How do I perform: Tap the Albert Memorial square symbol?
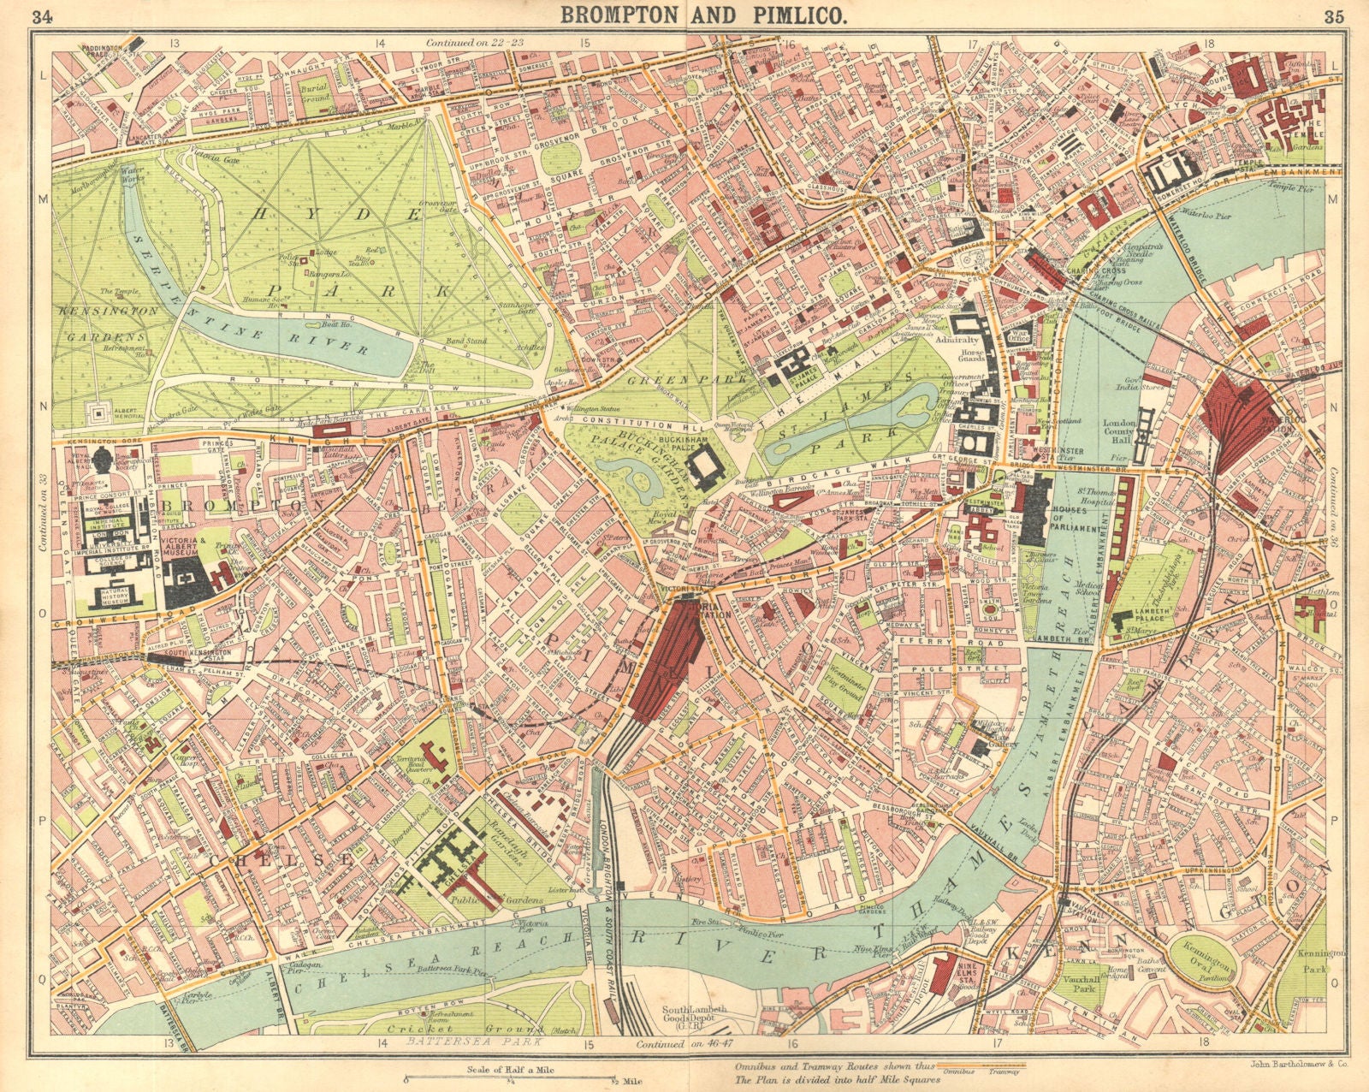point(102,413)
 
